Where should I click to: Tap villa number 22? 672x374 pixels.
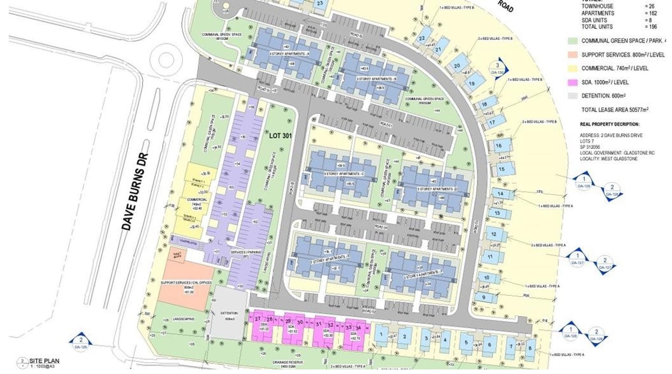point(422,38)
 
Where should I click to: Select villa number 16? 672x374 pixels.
point(498,146)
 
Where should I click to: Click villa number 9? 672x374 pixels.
point(483,297)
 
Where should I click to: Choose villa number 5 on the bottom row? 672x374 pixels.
point(466,342)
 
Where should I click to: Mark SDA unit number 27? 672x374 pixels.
point(257,319)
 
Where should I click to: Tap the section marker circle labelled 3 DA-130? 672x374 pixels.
point(497,67)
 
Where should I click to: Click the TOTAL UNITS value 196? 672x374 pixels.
point(652,27)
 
